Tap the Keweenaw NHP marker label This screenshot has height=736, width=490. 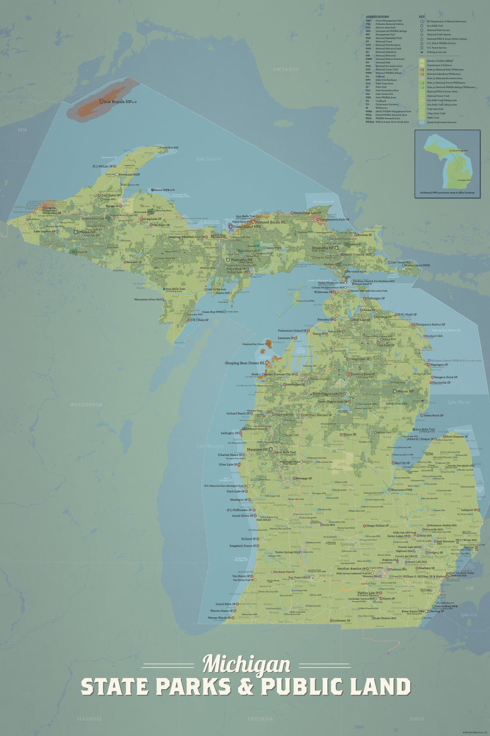[x=129, y=175]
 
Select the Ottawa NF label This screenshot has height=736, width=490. [x=87, y=232]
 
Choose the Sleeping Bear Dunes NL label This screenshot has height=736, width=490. [x=244, y=363]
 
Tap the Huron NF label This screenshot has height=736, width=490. [x=405, y=391]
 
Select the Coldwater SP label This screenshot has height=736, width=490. [x=341, y=621]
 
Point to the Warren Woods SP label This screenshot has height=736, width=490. [x=219, y=618]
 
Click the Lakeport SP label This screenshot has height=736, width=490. [x=469, y=510]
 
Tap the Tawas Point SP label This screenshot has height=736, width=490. [x=433, y=415]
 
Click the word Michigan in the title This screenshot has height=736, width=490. [x=247, y=665]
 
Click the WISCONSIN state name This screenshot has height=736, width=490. [x=86, y=405]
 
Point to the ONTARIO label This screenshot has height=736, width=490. [x=285, y=69]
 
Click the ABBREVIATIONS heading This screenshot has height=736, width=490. [x=377, y=17]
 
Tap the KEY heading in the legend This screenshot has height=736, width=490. [x=422, y=17]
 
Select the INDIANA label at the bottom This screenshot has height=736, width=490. [x=260, y=719]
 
